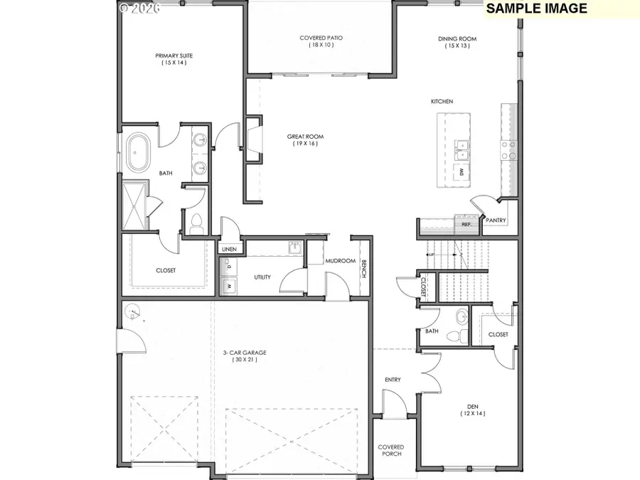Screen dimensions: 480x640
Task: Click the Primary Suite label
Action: (174, 55)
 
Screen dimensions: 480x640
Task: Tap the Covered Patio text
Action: (321, 38)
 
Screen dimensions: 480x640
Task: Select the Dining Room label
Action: (457, 38)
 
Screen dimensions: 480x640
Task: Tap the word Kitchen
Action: (442, 102)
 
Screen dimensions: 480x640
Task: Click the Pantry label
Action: (496, 220)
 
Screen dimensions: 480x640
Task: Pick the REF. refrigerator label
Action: (466, 224)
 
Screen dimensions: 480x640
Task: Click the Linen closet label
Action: (228, 250)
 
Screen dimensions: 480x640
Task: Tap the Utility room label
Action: (262, 277)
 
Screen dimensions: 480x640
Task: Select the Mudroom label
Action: (340, 261)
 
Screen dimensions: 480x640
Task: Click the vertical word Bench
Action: (364, 270)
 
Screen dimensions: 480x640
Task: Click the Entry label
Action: (393, 380)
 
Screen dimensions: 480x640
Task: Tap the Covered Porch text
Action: (390, 450)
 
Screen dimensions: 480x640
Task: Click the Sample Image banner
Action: (536, 9)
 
